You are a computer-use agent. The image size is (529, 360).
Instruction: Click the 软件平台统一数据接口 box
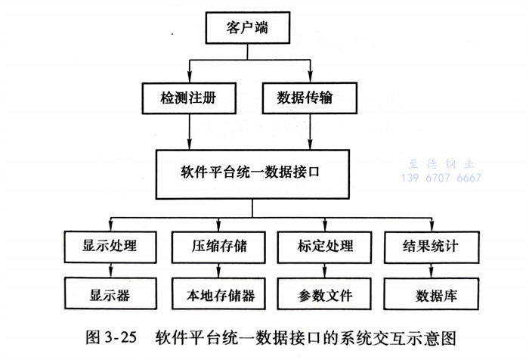(249, 172)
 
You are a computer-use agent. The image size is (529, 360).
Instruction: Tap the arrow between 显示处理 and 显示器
(111, 269)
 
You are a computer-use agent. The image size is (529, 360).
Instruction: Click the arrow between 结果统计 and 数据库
(432, 269)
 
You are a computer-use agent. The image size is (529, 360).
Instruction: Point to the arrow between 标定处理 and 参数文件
(326, 269)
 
